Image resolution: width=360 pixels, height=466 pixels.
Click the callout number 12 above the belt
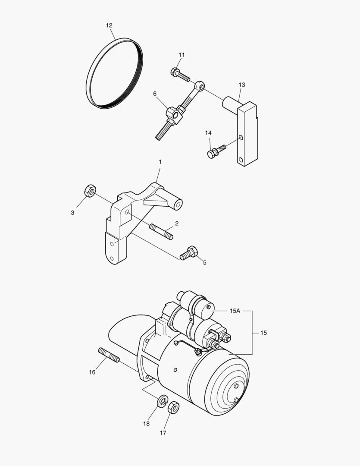coord(109,25)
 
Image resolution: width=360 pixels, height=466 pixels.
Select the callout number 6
coord(155,94)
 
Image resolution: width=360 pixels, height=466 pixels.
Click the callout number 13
coord(242,85)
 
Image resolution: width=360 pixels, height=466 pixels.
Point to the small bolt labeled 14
coord(216,151)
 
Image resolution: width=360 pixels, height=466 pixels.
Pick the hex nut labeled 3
coord(90,191)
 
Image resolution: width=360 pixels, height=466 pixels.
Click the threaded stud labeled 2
coord(162,232)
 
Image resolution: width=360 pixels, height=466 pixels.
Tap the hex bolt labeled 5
coord(188,253)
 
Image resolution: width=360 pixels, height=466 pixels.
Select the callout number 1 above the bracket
coord(160,162)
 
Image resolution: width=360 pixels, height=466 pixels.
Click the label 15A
coord(235,311)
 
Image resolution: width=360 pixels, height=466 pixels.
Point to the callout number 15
coord(263,333)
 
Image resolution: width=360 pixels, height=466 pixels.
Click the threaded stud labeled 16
coord(109,355)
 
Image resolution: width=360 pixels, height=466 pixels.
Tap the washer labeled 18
coord(162,401)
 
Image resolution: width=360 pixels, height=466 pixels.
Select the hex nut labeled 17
coord(173,407)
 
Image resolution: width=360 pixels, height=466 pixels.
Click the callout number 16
coord(92,372)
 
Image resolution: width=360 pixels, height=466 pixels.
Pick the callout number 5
coord(205,263)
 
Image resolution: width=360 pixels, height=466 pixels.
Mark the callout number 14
coord(208,133)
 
